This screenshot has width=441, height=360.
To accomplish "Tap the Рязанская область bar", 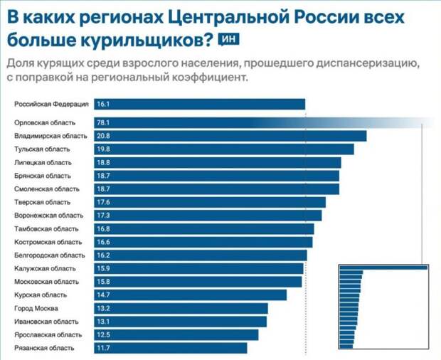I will click(170, 348).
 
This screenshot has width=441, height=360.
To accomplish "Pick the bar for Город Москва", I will click(181, 308).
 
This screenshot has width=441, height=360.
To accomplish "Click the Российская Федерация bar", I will click(199, 104).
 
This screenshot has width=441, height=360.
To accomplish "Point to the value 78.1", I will click(102, 122).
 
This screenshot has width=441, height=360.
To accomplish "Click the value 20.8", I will click(102, 136).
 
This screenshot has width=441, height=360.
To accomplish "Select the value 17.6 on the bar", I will click(102, 202).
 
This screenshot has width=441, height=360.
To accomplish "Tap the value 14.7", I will click(102, 295).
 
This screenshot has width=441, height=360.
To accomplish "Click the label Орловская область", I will click(42, 122).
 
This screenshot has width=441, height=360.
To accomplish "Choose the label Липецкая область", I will click(43, 162).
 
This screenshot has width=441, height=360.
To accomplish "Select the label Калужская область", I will click(44, 268).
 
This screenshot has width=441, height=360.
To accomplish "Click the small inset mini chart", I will click(384, 307).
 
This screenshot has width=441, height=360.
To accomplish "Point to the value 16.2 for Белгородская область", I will click(102, 255).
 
